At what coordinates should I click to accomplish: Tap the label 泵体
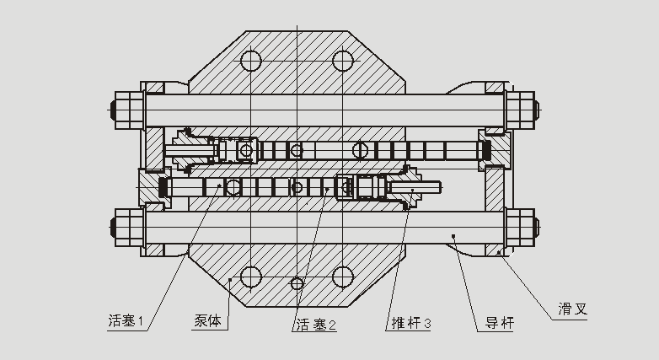click(207, 321)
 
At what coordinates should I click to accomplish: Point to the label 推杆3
click(410, 324)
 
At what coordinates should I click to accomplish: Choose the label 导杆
click(499, 323)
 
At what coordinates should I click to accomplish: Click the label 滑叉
click(571, 309)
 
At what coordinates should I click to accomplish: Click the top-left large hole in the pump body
click(251, 61)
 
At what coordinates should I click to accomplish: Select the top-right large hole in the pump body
click(342, 61)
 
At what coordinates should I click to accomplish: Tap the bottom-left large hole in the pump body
click(251, 277)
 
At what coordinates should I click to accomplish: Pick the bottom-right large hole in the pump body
click(342, 277)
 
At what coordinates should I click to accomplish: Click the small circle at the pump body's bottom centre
click(297, 282)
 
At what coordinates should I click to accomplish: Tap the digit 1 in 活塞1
click(142, 321)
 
